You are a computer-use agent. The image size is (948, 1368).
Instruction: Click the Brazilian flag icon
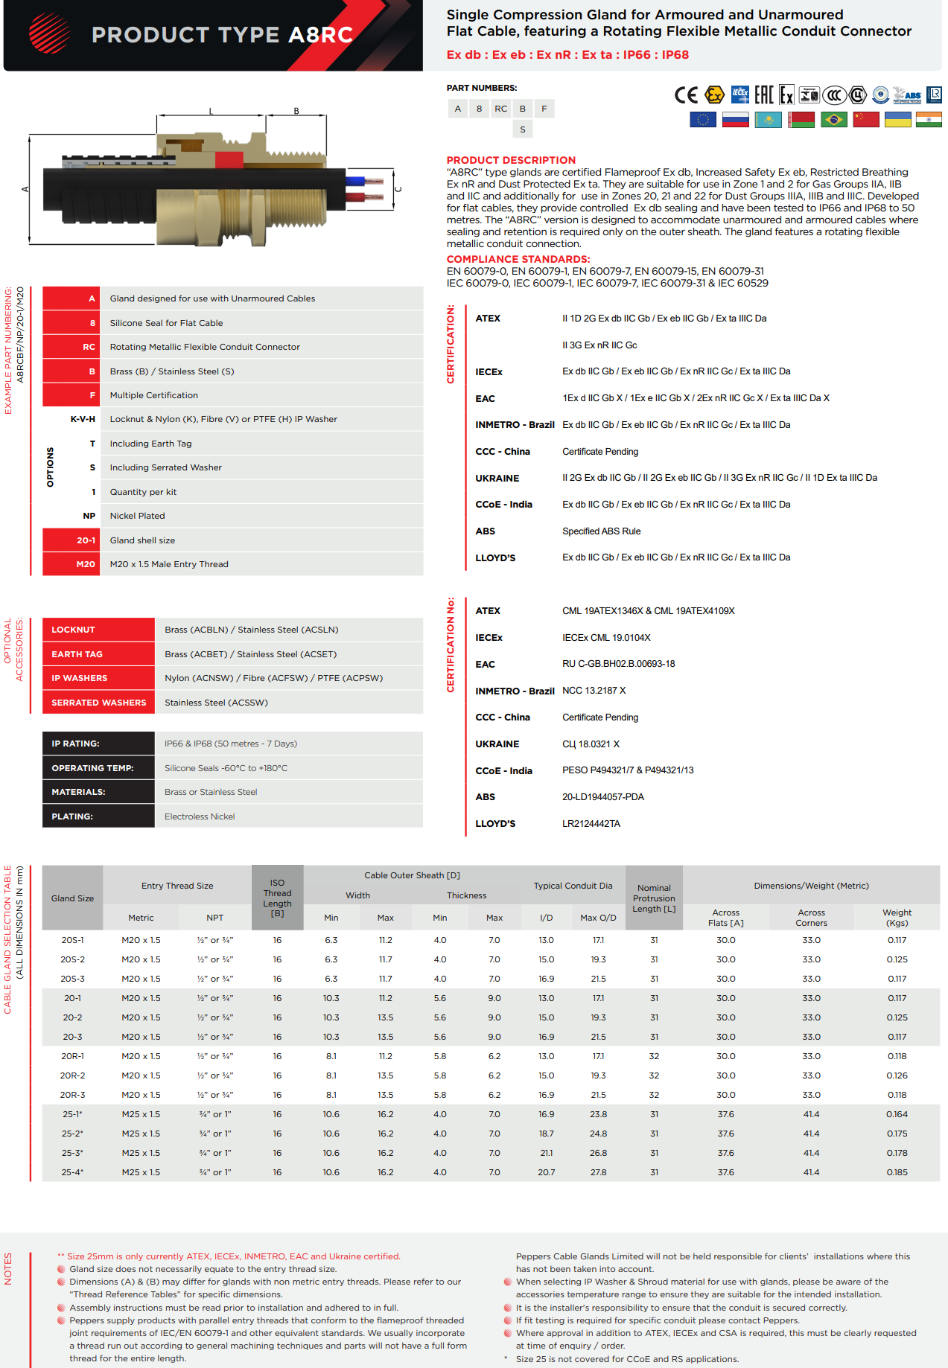tap(834, 119)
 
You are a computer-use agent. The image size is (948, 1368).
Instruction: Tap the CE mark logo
tap(686, 95)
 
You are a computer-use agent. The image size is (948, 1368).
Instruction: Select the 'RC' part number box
tap(501, 109)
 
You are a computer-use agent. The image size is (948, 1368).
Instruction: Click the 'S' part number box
tap(523, 130)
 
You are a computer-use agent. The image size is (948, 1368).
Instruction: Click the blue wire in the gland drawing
tap(356, 180)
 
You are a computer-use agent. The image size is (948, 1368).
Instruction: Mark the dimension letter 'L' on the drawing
tap(211, 112)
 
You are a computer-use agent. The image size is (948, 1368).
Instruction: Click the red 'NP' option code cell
tap(89, 516)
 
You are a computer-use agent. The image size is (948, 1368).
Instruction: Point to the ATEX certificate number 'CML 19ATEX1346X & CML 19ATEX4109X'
tap(648, 611)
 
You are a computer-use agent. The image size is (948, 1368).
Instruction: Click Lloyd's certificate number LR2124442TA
tap(591, 824)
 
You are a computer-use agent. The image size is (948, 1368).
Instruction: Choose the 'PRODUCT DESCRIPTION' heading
tap(511, 160)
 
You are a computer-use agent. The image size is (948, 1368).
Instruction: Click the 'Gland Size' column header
tap(72, 898)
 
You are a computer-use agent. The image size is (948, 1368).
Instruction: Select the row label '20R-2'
tap(72, 1075)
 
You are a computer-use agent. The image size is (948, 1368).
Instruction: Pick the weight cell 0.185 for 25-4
tap(897, 1172)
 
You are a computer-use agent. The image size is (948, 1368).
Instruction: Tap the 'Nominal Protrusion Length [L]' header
tap(654, 898)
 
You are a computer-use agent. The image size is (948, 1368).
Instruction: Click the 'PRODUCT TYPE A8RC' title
tap(222, 35)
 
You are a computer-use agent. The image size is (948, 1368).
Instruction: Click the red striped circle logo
tap(49, 33)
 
